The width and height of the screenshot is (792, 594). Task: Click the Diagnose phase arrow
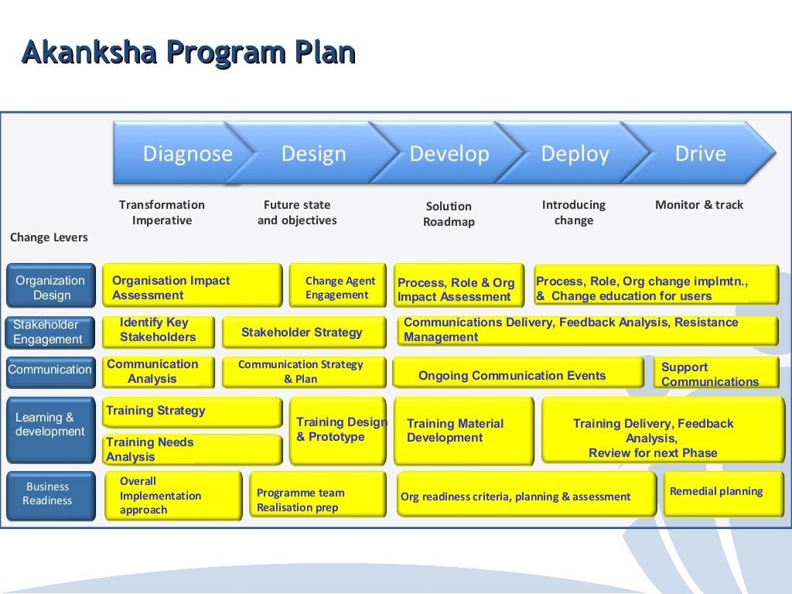pos(178,152)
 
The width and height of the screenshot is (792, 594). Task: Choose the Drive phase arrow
pos(701,152)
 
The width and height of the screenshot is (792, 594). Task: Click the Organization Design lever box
pos(51,287)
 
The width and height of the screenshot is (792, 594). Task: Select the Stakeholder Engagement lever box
pos(51,332)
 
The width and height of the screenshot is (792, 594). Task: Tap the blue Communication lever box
pos(50,370)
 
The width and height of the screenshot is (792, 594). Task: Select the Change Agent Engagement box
pos(338,287)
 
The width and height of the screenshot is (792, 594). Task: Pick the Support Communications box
pos(715,374)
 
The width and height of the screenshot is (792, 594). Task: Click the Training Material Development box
pos(463,430)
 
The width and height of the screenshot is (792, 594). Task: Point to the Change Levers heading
pos(49,237)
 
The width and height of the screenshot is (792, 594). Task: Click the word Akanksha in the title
pos(90,53)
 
